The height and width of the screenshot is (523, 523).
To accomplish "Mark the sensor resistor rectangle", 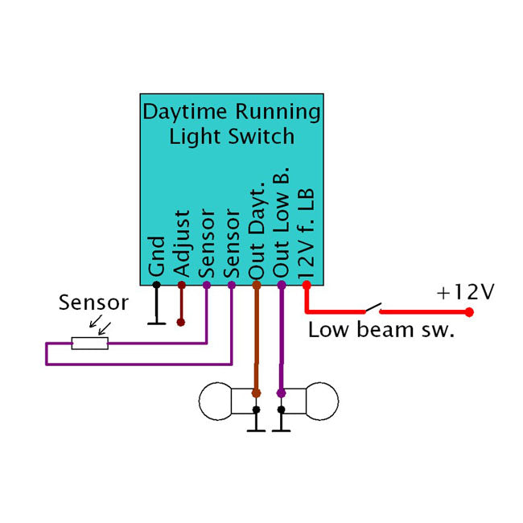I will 89,344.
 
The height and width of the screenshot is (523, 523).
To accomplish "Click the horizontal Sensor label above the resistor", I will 93,303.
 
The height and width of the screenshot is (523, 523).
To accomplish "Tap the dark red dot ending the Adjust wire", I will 181,323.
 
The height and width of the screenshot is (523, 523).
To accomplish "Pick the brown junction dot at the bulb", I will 256,393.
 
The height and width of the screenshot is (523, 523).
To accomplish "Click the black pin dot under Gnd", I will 156,285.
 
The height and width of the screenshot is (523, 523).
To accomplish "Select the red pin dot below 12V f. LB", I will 306,285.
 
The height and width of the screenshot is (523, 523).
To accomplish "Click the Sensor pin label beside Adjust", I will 206,241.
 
